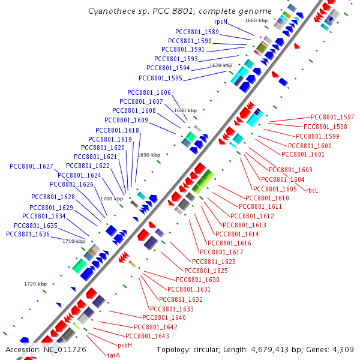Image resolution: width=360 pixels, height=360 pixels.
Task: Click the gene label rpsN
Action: tap(221, 22)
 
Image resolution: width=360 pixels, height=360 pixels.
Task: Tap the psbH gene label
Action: tap(125, 345)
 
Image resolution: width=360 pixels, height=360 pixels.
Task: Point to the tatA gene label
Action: tap(114, 355)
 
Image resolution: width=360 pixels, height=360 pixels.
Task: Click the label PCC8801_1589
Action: tap(197, 32)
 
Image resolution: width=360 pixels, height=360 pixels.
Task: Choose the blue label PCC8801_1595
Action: tap(160, 78)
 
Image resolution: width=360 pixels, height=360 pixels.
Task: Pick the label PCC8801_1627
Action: tap(31, 166)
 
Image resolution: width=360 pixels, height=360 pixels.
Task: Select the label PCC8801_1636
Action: tap(28, 234)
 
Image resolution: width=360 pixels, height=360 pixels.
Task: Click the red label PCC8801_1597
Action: tap(332, 117)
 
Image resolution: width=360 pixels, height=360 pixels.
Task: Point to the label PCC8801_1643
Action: tap(147, 336)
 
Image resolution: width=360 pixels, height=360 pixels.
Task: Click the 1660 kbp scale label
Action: tap(256, 20)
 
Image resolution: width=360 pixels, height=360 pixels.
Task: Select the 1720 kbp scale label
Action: tap(35, 283)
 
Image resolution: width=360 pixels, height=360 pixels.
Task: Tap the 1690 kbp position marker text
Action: tap(149, 155)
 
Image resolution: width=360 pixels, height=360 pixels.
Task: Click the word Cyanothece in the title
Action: tap(110, 11)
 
